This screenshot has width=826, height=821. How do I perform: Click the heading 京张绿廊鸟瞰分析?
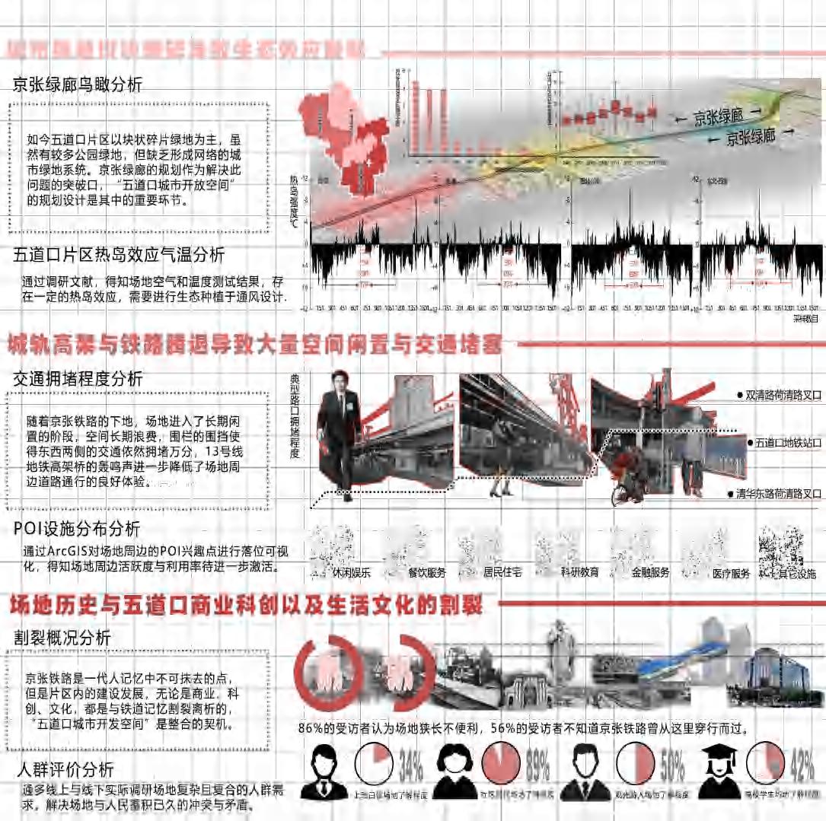coord(78,85)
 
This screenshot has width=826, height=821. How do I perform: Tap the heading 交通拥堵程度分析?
coord(78,378)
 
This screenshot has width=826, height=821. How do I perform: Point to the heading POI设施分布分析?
coord(77,528)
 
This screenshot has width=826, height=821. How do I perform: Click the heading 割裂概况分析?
coord(62,637)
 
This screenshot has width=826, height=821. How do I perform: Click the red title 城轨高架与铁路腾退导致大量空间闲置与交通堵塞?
coord(254,345)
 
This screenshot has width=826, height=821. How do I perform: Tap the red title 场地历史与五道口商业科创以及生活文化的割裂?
coord(245,606)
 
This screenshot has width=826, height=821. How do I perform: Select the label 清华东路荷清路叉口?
coord(780,494)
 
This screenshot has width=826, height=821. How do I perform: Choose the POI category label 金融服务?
coord(650,573)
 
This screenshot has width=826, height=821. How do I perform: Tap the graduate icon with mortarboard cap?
coord(719,768)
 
